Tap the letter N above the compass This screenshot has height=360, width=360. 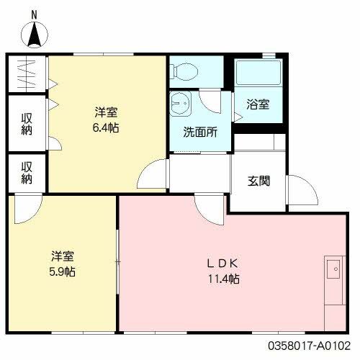[33, 13]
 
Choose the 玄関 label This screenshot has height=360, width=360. [259, 180]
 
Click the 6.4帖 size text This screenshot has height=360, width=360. [106, 127]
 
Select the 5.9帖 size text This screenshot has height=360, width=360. [63, 271]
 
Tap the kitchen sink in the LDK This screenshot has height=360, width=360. [333, 270]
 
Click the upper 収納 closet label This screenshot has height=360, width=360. [27, 122]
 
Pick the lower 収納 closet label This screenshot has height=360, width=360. [27, 173]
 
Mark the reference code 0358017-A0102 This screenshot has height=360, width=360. [314, 346]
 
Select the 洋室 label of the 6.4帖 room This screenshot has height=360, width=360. [106, 113]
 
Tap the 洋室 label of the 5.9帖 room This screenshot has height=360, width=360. [63, 257]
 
